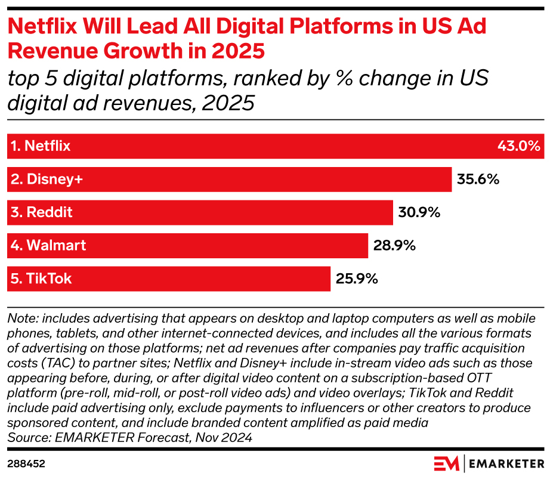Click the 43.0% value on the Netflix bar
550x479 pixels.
pyautogui.click(x=518, y=146)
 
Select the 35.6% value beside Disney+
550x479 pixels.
pyautogui.click(x=478, y=179)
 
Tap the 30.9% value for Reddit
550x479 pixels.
pyautogui.click(x=419, y=212)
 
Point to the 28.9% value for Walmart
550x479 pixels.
pyautogui.click(x=394, y=245)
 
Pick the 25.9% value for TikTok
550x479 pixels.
pyautogui.click(x=357, y=279)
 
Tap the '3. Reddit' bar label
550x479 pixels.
pyautogui.click(x=42, y=212)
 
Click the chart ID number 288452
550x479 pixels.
pyautogui.click(x=26, y=463)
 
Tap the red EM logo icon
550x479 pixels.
pyautogui.click(x=446, y=463)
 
